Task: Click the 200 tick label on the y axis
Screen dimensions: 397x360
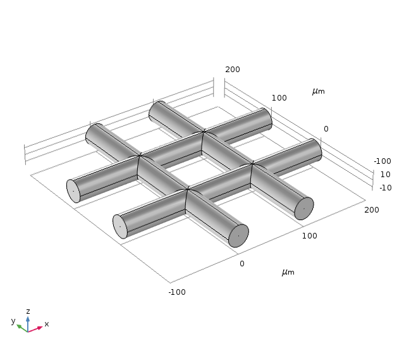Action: [233, 70]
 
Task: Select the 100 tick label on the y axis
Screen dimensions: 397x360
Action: [279, 98]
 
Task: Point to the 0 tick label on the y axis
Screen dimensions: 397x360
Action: [326, 129]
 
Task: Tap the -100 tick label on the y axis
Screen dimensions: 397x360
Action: [382, 161]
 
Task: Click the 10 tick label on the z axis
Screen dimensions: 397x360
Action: [386, 174]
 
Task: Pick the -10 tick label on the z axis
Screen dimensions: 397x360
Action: [386, 188]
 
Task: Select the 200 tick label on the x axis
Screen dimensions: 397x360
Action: [372, 210]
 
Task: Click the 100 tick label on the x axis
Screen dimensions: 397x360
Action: [309, 236]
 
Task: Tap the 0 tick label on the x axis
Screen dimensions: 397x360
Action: [242, 264]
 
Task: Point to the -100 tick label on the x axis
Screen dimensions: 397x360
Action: [177, 292]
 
